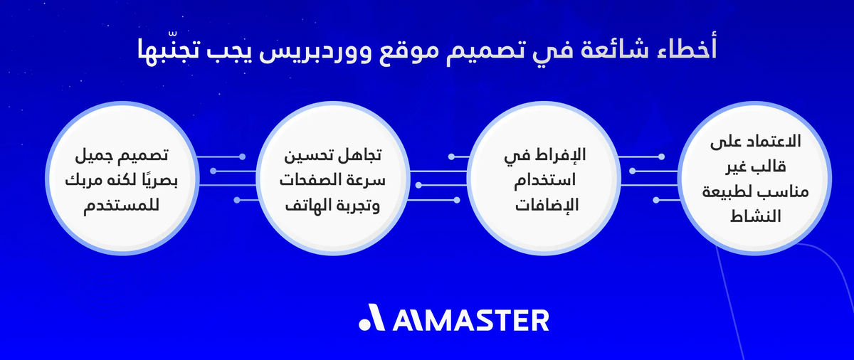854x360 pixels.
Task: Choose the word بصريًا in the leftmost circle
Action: tap(161, 179)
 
